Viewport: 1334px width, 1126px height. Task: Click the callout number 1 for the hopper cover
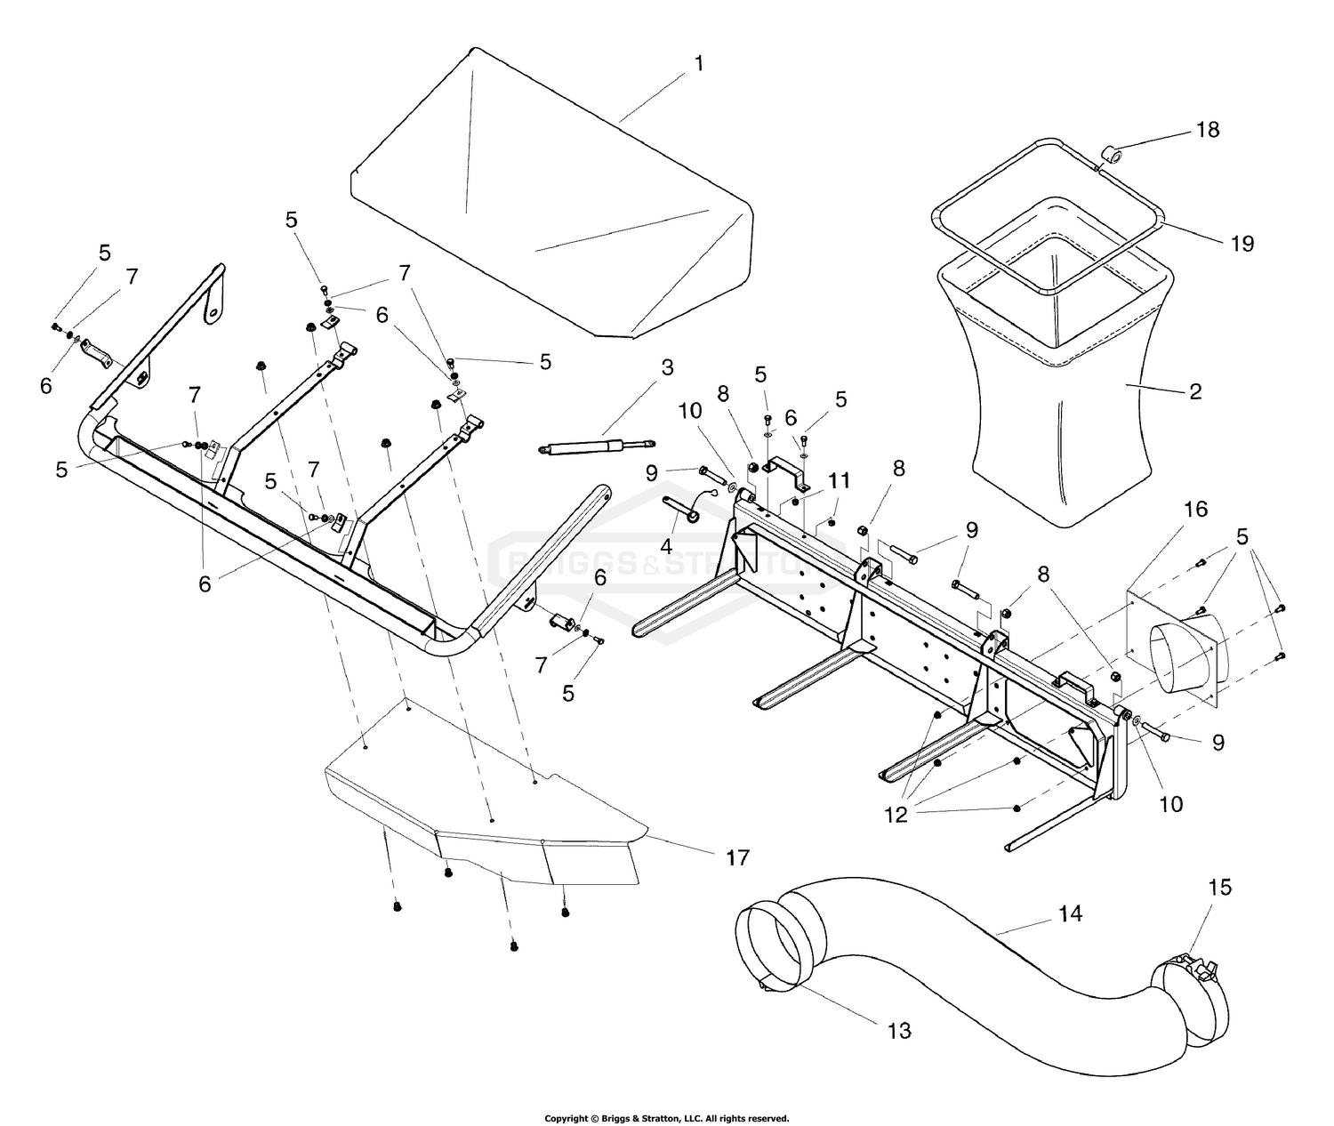(x=699, y=63)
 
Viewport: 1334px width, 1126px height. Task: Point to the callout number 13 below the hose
(x=899, y=1030)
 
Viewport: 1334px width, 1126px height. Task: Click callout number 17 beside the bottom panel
(x=737, y=857)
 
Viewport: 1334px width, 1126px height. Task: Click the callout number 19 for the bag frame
(x=1242, y=242)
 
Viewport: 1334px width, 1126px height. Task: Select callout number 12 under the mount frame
(x=896, y=814)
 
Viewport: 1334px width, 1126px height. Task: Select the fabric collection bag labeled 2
(x=1058, y=427)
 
